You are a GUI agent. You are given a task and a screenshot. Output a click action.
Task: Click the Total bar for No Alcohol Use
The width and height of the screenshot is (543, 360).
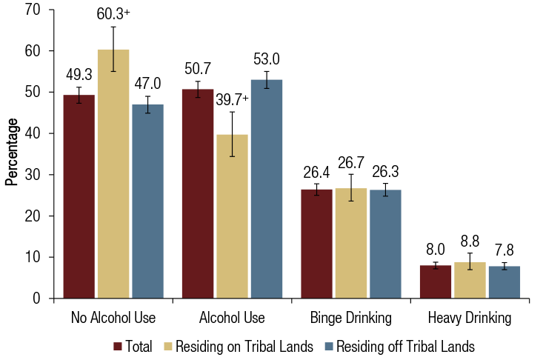79,196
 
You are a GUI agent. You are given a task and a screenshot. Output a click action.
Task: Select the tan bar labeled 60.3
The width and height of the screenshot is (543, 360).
113,174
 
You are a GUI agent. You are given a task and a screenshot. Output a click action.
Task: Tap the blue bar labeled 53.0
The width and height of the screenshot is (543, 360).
266,189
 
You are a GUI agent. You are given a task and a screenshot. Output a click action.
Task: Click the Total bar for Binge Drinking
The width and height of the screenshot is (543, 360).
316,244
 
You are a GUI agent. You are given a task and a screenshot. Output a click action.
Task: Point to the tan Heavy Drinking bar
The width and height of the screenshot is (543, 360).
470,280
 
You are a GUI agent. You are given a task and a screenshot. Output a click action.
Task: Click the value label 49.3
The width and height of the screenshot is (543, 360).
79,74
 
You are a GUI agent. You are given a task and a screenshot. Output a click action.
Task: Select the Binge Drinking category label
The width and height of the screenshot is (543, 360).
351,319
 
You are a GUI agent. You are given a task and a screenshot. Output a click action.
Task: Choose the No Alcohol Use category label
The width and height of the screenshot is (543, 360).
113,319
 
